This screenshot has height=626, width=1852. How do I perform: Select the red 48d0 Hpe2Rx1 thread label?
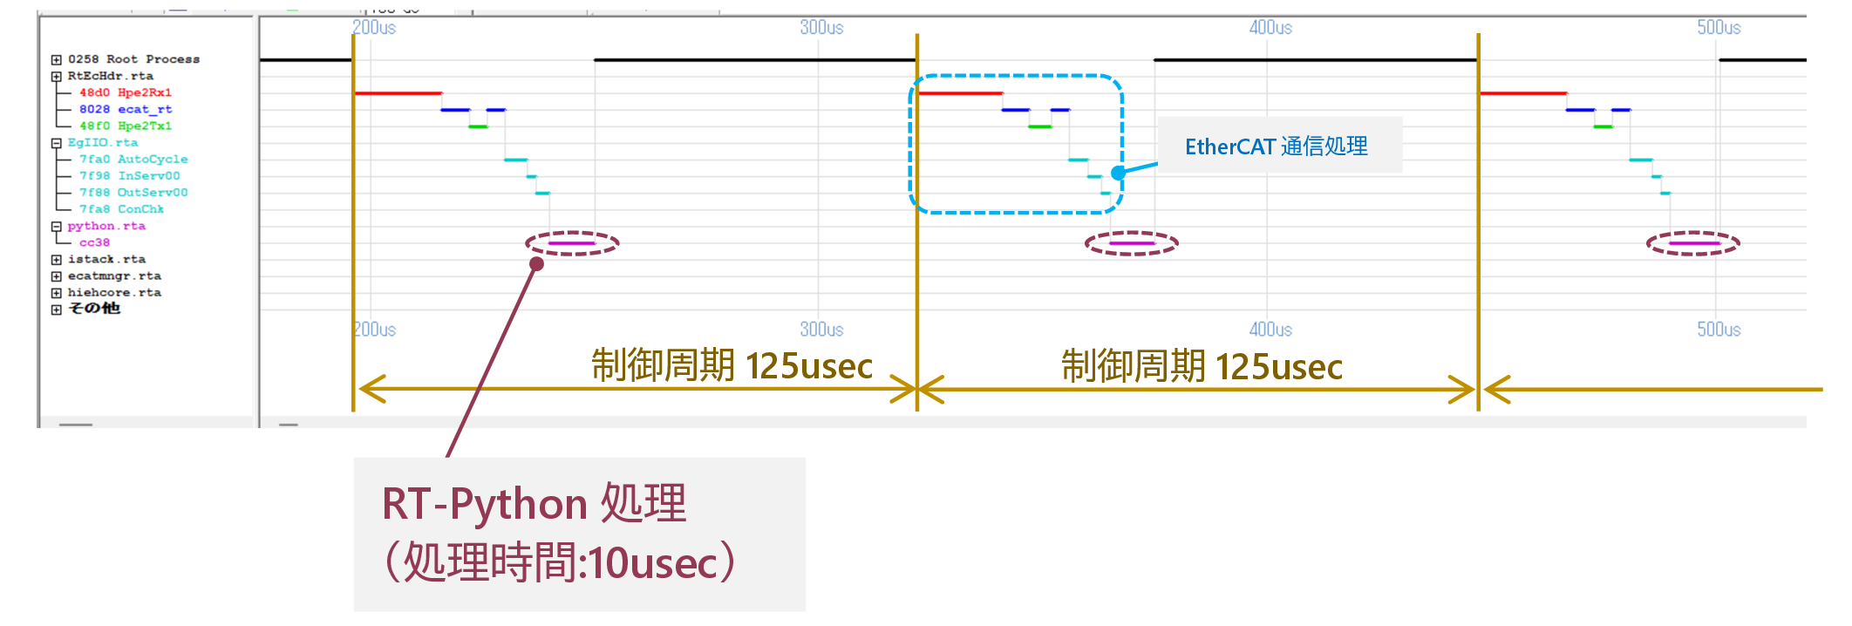pyautogui.click(x=125, y=92)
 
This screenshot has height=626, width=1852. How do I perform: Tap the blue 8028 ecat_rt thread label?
pyautogui.click(x=125, y=109)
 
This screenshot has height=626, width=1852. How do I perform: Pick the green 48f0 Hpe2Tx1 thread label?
pyautogui.click(x=125, y=126)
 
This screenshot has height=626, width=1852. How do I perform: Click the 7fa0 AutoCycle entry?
pyautogui.click(x=133, y=159)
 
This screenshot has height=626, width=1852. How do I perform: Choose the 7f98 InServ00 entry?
pyautogui.click(x=129, y=175)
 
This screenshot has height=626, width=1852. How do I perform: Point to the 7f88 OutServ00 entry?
pyautogui.click(x=133, y=192)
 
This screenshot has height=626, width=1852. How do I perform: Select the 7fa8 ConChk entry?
pyautogui.click(x=121, y=209)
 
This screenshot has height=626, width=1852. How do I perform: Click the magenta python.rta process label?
pyautogui.click(x=106, y=226)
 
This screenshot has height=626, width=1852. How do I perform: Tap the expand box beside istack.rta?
pyautogui.click(x=57, y=260)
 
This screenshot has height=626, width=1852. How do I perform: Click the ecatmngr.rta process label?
pyautogui.click(x=114, y=276)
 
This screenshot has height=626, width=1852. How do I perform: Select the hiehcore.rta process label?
pyautogui.click(x=114, y=293)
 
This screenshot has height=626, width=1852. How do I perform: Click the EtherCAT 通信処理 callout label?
pyautogui.click(x=1277, y=146)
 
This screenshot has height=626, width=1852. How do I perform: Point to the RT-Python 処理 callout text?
pyautogui.click(x=534, y=504)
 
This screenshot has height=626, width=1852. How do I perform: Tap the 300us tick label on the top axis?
pyautogui.click(x=821, y=28)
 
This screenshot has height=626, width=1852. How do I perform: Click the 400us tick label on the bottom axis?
pyautogui.click(x=1270, y=330)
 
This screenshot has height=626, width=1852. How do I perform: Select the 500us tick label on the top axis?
pyautogui.click(x=1719, y=28)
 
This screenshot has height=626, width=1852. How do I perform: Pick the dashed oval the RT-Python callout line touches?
pyautogui.click(x=572, y=243)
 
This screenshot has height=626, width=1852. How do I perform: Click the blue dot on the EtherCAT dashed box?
pyautogui.click(x=1118, y=173)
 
